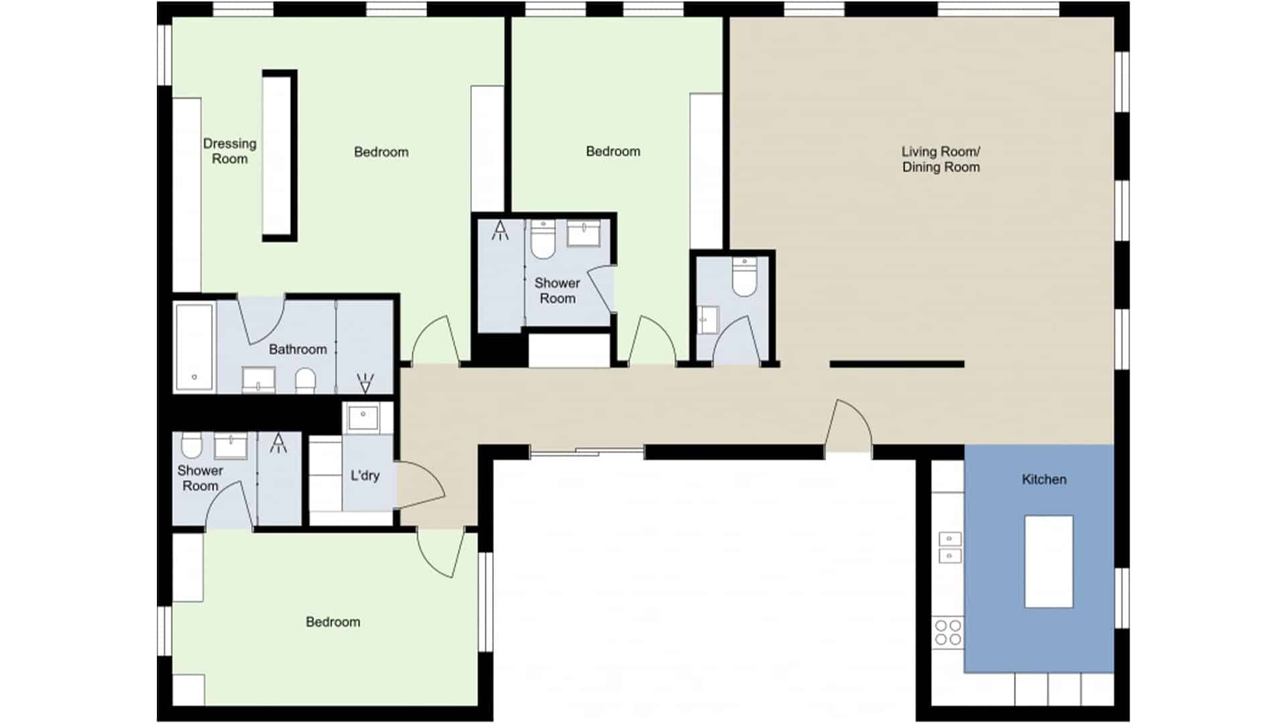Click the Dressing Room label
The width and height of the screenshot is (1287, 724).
230,151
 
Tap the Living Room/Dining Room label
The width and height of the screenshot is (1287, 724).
940,159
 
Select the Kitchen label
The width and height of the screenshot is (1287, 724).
1044,479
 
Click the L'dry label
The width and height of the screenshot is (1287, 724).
365,475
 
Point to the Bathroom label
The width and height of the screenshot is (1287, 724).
298,349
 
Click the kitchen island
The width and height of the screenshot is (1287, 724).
1048,561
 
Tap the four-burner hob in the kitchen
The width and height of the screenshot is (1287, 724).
948,633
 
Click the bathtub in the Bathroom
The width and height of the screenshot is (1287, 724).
194,347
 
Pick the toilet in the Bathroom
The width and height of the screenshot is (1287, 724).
305,379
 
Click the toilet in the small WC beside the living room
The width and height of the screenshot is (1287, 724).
743,277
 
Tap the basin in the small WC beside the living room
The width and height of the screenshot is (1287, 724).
707,320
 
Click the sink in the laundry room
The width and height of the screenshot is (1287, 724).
363,418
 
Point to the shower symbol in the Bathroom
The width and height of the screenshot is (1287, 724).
365,383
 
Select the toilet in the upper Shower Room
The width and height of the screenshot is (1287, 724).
542,239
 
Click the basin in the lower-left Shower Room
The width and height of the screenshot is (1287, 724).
231,445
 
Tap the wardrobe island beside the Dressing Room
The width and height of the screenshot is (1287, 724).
280,156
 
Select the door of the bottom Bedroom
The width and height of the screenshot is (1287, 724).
440,552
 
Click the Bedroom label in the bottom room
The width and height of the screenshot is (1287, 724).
332,622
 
